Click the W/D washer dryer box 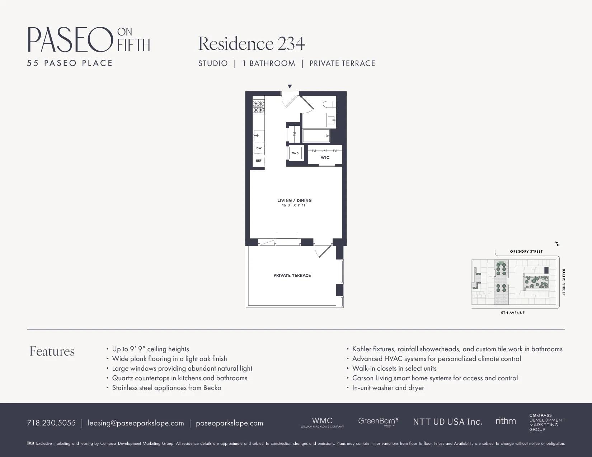[295, 153]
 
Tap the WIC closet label [325, 157]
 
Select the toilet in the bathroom [329, 105]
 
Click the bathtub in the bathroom [316, 136]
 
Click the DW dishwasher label [259, 148]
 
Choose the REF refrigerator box [259, 161]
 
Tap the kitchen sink [259, 135]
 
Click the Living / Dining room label [294, 200]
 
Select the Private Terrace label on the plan [292, 275]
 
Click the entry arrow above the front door [290, 86]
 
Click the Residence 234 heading [252, 44]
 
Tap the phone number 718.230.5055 [51, 423]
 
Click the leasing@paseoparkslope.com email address [136, 423]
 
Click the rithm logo [506, 421]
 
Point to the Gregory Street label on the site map [526, 252]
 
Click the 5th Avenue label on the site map [513, 313]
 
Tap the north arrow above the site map [557, 244]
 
